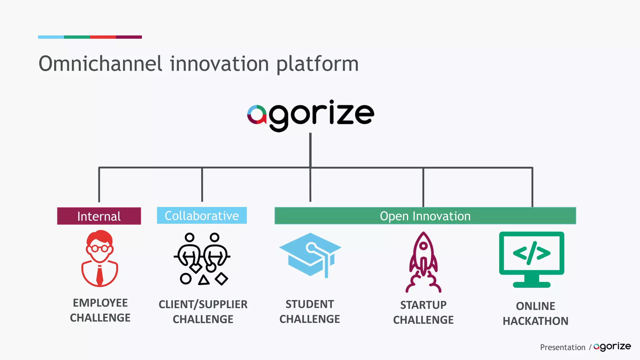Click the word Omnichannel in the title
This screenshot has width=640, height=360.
click(x=100, y=64)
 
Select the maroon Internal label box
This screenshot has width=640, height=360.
click(x=99, y=216)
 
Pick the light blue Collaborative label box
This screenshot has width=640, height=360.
click(x=202, y=216)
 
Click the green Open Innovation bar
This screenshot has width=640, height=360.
click(x=425, y=216)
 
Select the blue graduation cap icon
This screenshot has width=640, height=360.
click(x=310, y=254)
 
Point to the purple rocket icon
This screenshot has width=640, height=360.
click(x=423, y=262)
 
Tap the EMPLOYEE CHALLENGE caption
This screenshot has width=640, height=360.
click(x=100, y=310)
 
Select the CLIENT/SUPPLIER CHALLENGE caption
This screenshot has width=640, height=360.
click(x=203, y=312)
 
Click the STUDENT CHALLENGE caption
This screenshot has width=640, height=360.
click(x=310, y=312)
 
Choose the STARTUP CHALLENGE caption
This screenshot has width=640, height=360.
click(x=423, y=312)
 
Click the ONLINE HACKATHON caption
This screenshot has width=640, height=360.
click(x=535, y=313)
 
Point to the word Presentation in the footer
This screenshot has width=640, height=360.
click(x=562, y=347)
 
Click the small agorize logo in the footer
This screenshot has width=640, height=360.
click(x=612, y=347)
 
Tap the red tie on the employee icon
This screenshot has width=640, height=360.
click(x=100, y=275)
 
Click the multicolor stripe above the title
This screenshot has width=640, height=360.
click(x=90, y=37)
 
